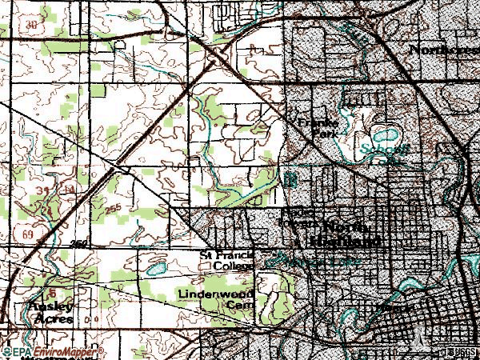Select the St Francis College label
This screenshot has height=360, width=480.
(x=226, y=261)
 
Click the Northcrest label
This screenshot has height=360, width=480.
(x=442, y=50)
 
